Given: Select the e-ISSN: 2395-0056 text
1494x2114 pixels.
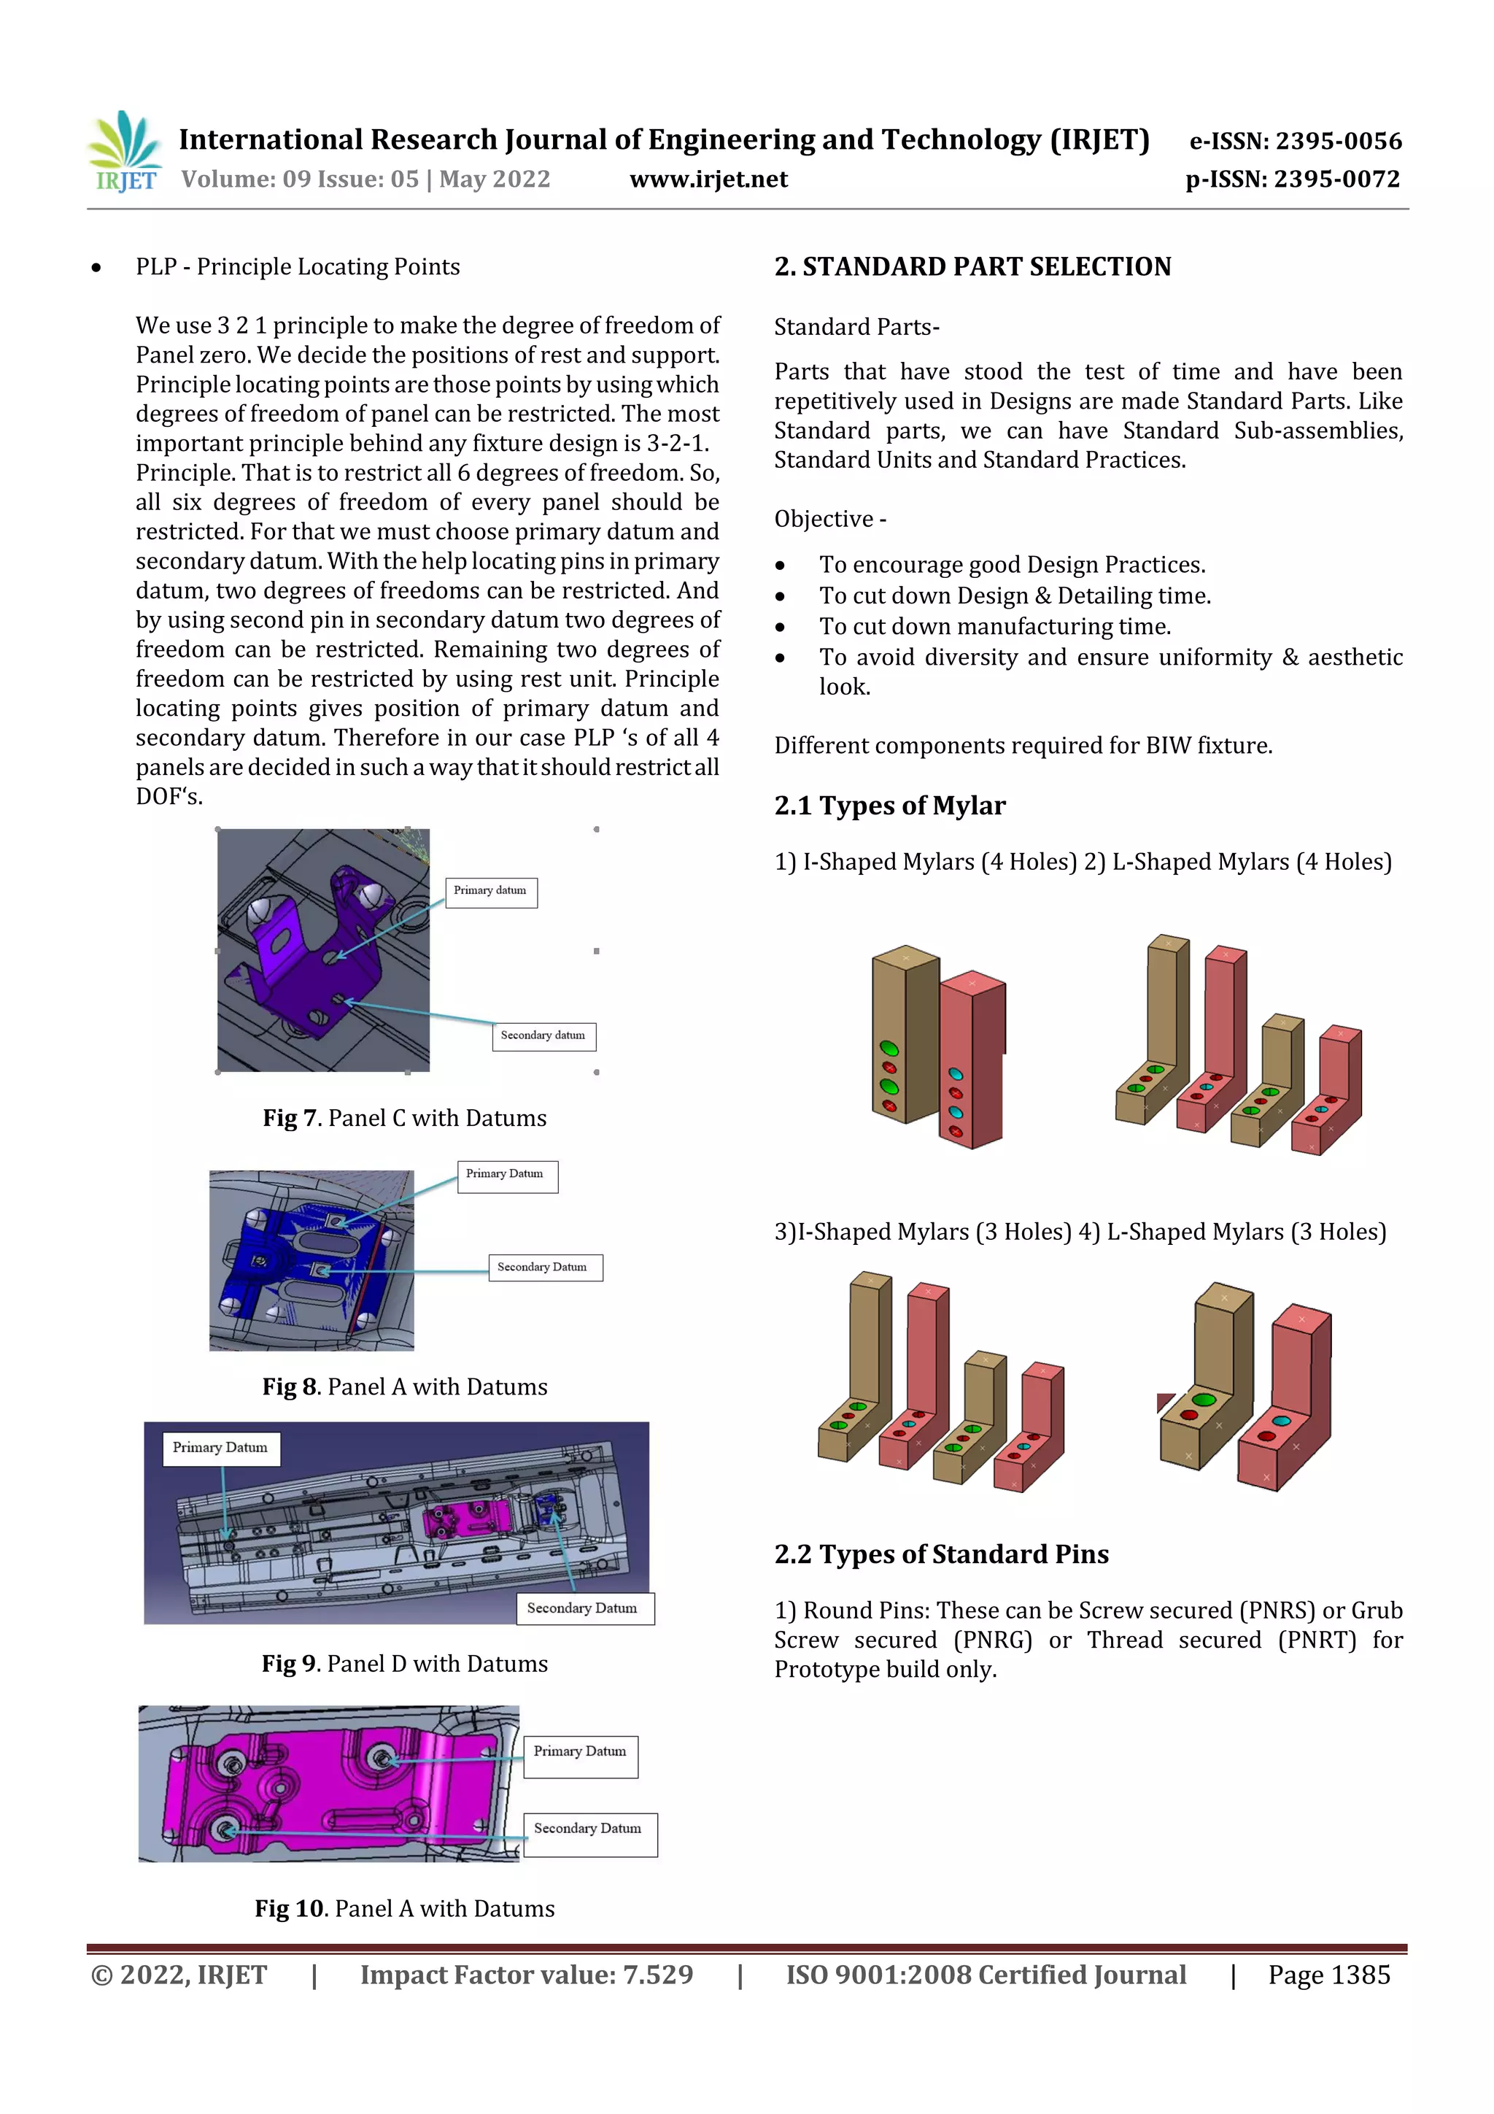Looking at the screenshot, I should pos(1295,141).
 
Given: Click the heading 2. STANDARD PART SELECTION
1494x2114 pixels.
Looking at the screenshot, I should pos(972,267).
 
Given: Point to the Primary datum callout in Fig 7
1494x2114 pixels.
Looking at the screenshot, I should pos(491,891).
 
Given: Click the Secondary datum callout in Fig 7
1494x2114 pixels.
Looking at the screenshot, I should pos(543,1035).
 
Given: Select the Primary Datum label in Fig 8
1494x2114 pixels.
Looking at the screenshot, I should pos(506,1175).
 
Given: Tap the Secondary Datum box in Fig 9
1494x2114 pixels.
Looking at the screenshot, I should pos(584,1608).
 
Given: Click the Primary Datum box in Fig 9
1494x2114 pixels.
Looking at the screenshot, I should pos(221,1447).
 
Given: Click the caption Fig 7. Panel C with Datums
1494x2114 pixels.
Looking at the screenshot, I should pos(404,1118).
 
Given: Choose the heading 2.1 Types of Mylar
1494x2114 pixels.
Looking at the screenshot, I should pos(889,806).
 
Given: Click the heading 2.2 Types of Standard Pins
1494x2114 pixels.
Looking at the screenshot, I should pos(941,1554).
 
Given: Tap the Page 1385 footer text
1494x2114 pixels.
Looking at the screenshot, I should pos(1328,1975).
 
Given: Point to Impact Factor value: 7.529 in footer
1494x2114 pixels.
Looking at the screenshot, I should pos(526,1975).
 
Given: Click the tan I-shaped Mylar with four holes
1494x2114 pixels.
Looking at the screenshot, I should pos(904,1035).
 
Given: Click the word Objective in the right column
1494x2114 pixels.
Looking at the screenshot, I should pos(823,520).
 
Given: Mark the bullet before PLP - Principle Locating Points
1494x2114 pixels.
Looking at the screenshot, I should pos(96,268).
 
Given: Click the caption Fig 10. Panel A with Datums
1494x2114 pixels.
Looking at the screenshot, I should pos(404,1909).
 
